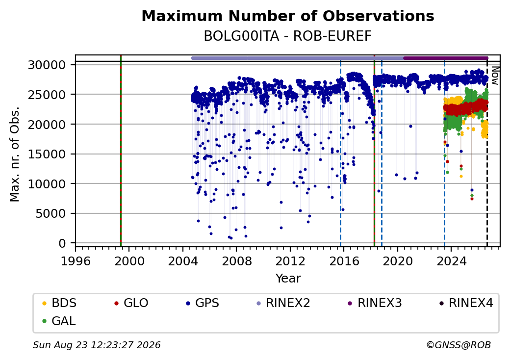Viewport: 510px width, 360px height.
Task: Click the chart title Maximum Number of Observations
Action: pyautogui.click(x=288, y=16)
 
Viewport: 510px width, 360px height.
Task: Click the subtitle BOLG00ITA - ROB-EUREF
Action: pyautogui.click(x=288, y=36)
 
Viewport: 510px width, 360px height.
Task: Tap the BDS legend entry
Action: pyautogui.click(x=59, y=303)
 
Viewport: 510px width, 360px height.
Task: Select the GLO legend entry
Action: pyautogui.click(x=131, y=303)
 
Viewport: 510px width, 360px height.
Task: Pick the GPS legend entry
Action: pyautogui.click(x=203, y=303)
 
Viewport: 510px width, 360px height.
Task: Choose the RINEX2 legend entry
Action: pyautogui.click(x=283, y=303)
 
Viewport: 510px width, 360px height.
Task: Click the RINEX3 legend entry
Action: pyautogui.click(x=375, y=303)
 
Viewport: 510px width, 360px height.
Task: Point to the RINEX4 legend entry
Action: pyautogui.click(x=466, y=303)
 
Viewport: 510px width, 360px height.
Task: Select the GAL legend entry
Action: pyautogui.click(x=59, y=321)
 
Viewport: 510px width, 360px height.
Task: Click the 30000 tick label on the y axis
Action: pyautogui.click(x=47, y=65)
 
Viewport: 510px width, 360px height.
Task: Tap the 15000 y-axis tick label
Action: pyautogui.click(x=47, y=154)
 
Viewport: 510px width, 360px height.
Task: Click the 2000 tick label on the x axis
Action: pyautogui.click(x=129, y=261)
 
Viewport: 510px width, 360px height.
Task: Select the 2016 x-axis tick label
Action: pyautogui.click(x=344, y=261)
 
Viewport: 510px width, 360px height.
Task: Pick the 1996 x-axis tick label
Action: pyautogui.click(x=76, y=261)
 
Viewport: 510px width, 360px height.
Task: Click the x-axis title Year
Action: pyautogui.click(x=288, y=279)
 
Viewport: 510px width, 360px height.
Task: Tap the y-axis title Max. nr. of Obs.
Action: pyautogui.click(x=15, y=154)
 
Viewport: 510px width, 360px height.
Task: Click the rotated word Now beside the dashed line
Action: pyautogui.click(x=495, y=76)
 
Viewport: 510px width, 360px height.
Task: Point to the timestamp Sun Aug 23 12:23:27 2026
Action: pyautogui.click(x=97, y=345)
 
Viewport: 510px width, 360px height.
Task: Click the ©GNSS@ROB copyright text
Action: pyautogui.click(x=459, y=345)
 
